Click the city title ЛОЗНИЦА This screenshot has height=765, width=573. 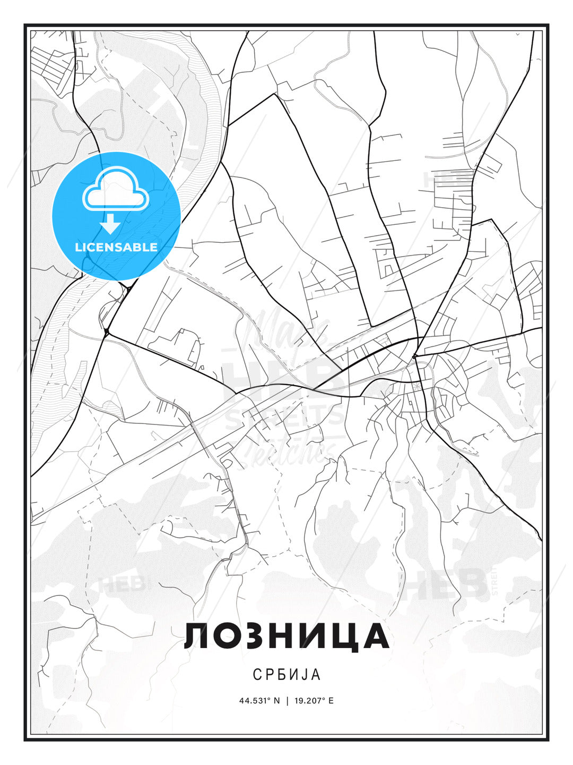pos(286,636)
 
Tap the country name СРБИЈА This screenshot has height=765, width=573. pos(286,674)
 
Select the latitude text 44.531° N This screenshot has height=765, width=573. pos(259,701)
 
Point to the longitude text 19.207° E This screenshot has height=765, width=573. pos(314,701)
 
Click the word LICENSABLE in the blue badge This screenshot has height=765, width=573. pos(116,247)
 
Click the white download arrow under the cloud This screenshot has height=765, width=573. pos(110,224)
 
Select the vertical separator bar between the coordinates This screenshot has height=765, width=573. pos(287,701)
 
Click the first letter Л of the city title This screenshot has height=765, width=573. pos(197,636)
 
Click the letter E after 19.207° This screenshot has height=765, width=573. pos(331,701)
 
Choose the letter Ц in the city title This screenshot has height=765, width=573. pos(347,636)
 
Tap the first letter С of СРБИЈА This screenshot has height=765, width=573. pos(256,674)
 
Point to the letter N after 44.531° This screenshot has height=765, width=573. pos(276,701)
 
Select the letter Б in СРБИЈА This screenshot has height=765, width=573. pos(281,674)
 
